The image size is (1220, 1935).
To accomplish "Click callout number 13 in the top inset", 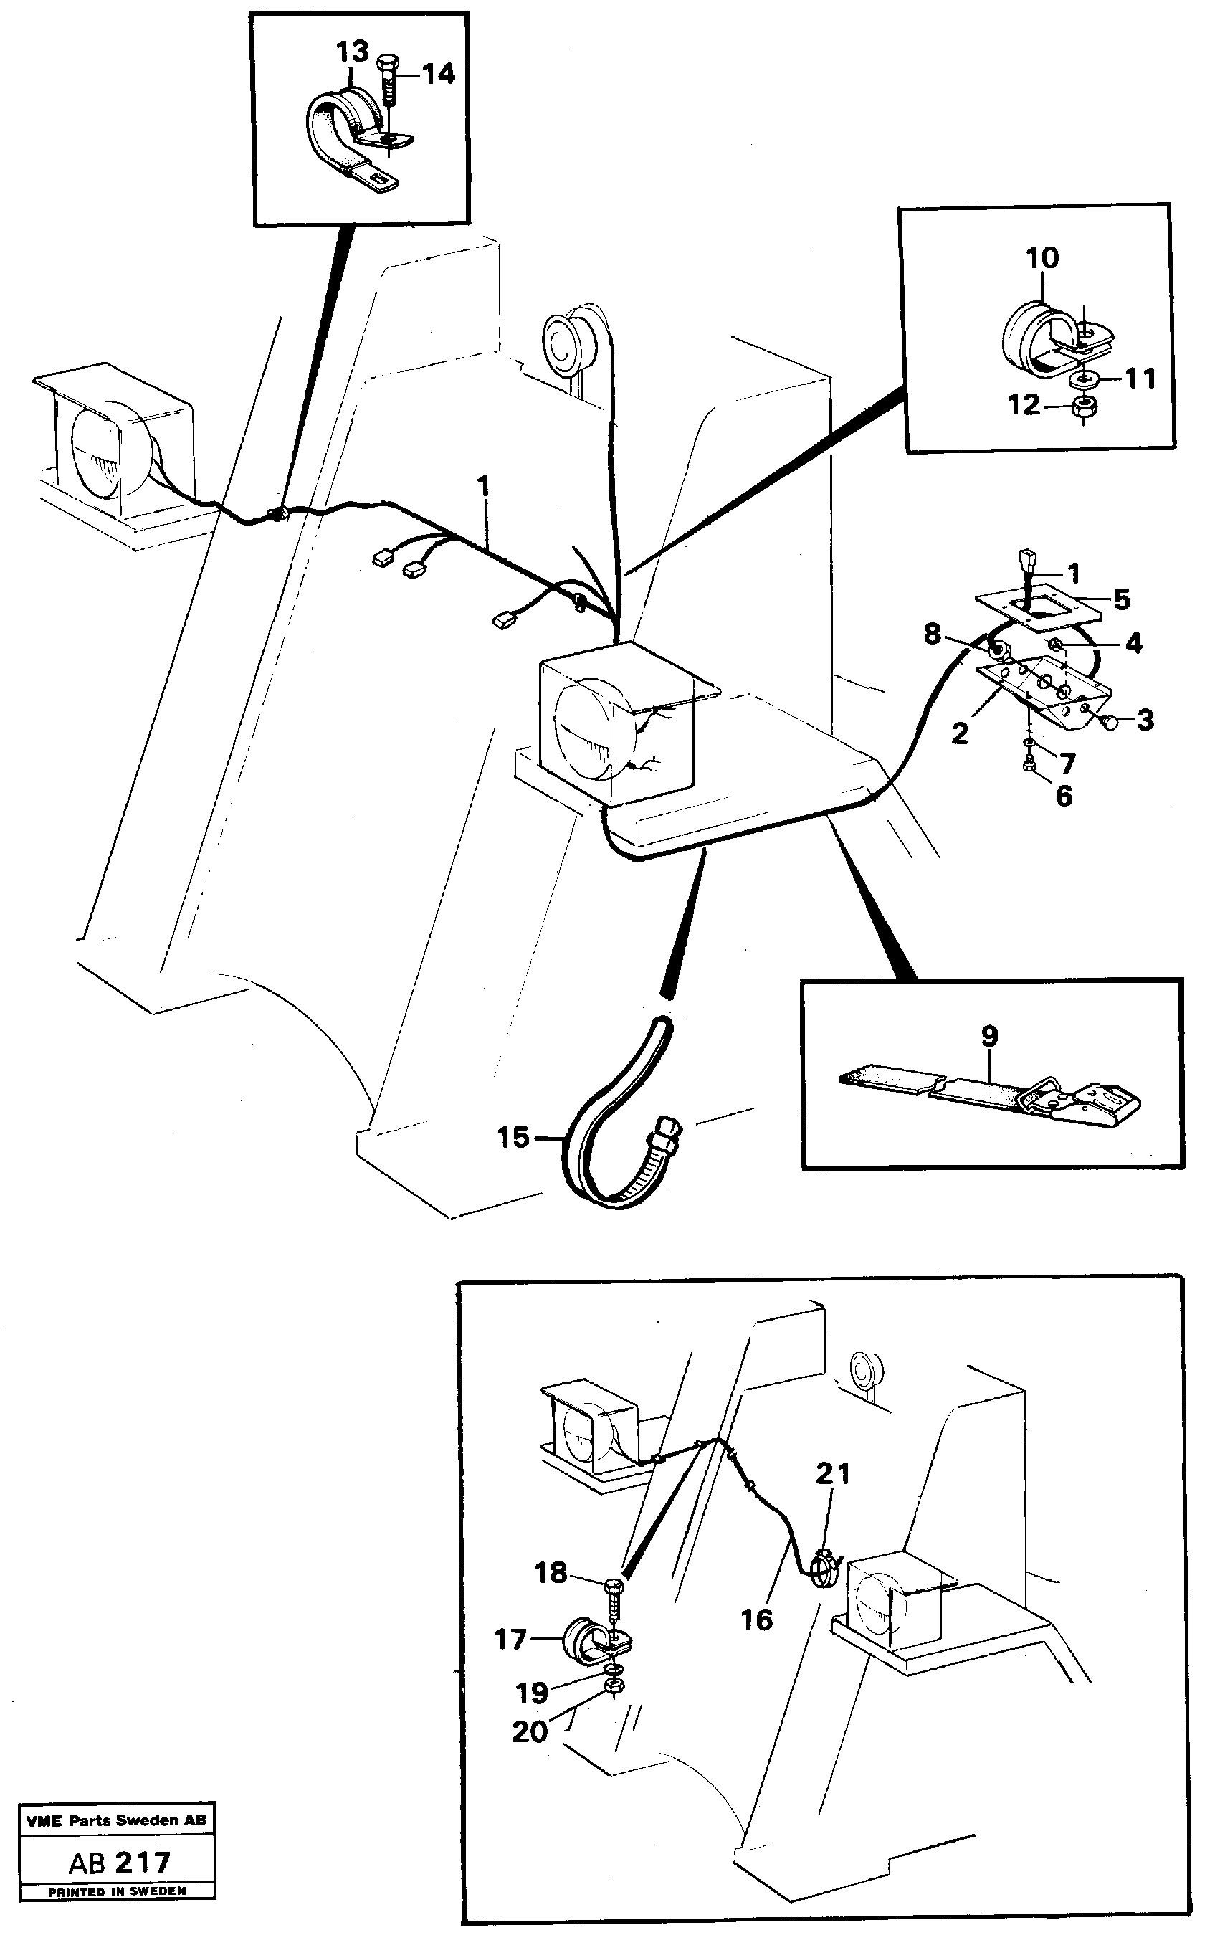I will click(352, 52).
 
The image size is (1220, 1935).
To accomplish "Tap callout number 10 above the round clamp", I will click(1042, 258).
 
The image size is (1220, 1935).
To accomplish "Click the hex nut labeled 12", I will click(1082, 406).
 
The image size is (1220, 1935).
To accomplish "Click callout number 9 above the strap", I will click(989, 1036).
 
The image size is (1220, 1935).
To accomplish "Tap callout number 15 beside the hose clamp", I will click(513, 1137).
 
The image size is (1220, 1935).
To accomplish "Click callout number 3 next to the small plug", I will click(1145, 720).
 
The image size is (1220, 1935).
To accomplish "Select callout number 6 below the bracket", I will click(1063, 796).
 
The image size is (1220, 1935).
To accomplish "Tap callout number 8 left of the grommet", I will click(931, 634).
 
